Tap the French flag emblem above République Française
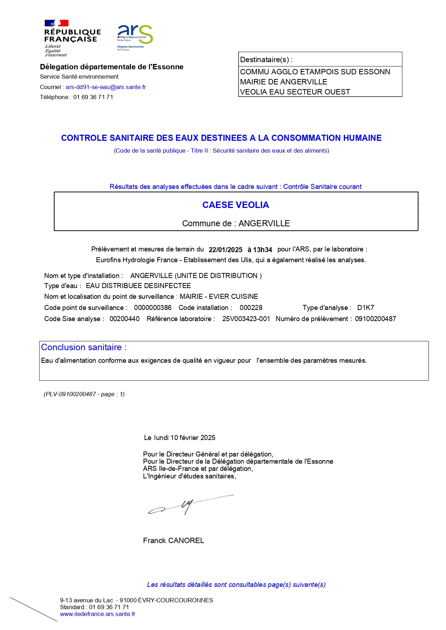pyautogui.click(x=56, y=23)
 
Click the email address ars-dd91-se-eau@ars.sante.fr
pyautogui.click(x=106, y=87)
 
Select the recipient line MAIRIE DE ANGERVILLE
pyautogui.click(x=284, y=82)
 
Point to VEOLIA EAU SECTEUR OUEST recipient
pyautogui.click(x=295, y=92)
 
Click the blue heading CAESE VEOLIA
pyautogui.click(x=235, y=205)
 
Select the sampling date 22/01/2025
pyautogui.click(x=225, y=250)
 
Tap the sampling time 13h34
pyautogui.click(x=262, y=250)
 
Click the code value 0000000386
pyautogui.click(x=153, y=308)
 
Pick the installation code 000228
pyautogui.click(x=251, y=308)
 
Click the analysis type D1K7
pyautogui.click(x=365, y=308)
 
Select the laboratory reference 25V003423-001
pyautogui.click(x=246, y=319)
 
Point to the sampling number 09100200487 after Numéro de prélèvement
pyautogui.click(x=376, y=319)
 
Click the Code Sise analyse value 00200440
pyautogui.click(x=124, y=319)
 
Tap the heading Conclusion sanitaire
pyautogui.click(x=84, y=347)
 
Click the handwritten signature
pyautogui.click(x=187, y=505)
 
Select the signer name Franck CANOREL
pyautogui.click(x=174, y=541)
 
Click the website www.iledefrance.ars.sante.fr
pyautogui.click(x=98, y=614)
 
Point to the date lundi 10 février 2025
pyautogui.click(x=184, y=437)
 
